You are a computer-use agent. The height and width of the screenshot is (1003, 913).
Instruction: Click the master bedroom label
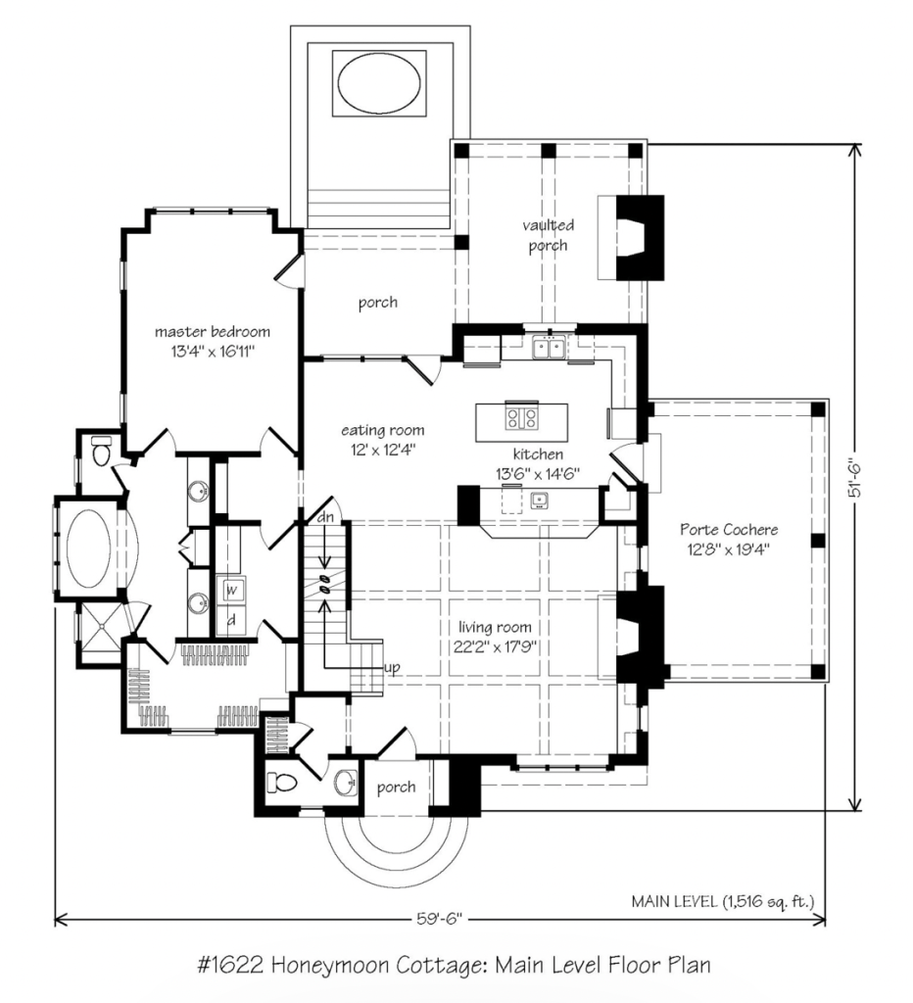pyautogui.click(x=213, y=332)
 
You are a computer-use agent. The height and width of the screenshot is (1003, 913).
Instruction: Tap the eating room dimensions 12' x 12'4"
pyautogui.click(x=383, y=450)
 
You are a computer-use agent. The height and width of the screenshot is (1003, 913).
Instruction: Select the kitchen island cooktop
pyautogui.click(x=521, y=418)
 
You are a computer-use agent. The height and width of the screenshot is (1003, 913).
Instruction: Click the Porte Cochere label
pyautogui.click(x=729, y=530)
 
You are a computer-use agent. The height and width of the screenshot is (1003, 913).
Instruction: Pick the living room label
pyautogui.click(x=495, y=627)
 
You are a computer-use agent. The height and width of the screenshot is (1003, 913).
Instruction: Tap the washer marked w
pyautogui.click(x=231, y=590)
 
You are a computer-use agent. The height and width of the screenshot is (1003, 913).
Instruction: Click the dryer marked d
pyautogui.click(x=231, y=619)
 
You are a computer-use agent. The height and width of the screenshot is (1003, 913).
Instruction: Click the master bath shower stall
pyautogui.click(x=101, y=634)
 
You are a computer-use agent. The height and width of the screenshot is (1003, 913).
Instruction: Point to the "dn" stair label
pyautogui.click(x=325, y=517)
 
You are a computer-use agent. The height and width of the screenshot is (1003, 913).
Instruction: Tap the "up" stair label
pyautogui.click(x=392, y=668)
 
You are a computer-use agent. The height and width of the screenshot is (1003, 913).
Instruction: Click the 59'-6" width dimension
pyautogui.click(x=439, y=919)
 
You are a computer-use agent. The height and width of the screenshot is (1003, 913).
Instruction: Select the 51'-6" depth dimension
pyautogui.click(x=855, y=476)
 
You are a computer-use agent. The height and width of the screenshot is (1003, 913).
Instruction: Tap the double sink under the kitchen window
pyautogui.click(x=549, y=348)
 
